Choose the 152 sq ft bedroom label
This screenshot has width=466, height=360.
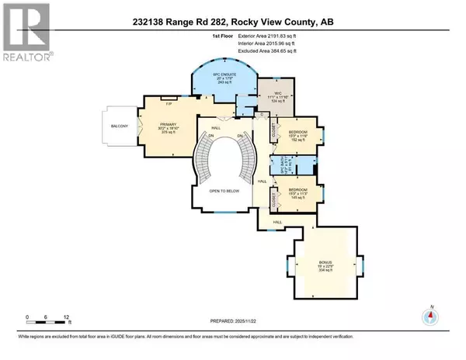(x=298, y=137)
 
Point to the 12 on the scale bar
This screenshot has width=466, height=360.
(x=68, y=317)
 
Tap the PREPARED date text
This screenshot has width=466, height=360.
(x=231, y=324)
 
